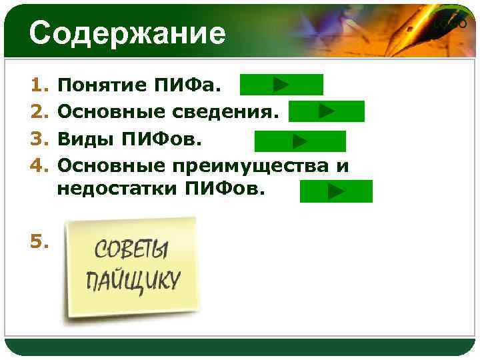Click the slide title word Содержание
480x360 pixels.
click(x=127, y=33)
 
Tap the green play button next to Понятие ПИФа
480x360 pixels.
click(x=281, y=85)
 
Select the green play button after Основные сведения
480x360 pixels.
click(x=326, y=111)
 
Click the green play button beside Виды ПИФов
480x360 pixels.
click(x=300, y=141)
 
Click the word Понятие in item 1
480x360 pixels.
click(x=102, y=85)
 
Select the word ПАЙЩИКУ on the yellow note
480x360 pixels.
click(x=133, y=279)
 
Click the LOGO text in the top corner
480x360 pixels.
click(x=450, y=24)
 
